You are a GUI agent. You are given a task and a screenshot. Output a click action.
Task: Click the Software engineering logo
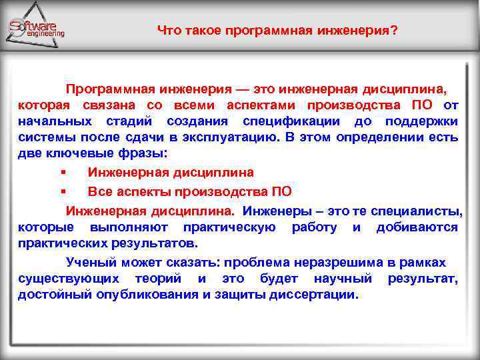point(37,27)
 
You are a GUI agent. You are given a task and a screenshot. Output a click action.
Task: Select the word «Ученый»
point(87,262)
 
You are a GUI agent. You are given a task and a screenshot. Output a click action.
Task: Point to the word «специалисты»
point(422,211)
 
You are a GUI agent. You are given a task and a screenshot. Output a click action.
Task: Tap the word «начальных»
point(55,122)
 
